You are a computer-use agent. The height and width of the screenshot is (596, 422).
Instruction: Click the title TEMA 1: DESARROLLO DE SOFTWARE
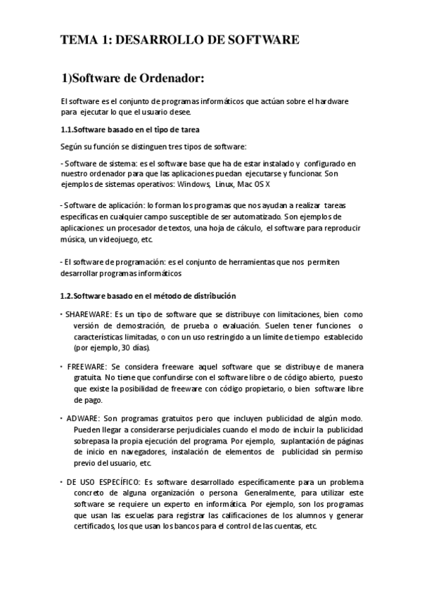(x=180, y=39)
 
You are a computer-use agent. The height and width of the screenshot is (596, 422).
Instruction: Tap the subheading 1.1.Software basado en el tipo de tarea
(x=130, y=129)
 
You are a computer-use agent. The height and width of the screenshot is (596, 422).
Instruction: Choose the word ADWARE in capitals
(x=83, y=418)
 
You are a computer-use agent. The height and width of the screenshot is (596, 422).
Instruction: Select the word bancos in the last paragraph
(x=199, y=527)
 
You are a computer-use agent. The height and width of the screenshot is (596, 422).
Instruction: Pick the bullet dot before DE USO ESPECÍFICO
(x=61, y=482)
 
